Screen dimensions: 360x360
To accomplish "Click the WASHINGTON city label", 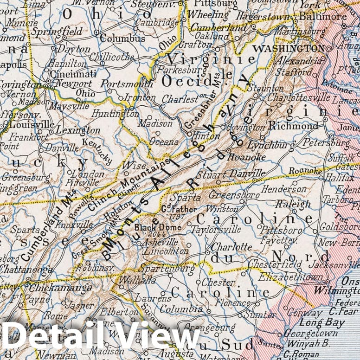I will (289, 48).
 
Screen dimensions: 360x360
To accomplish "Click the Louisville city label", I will (32, 125).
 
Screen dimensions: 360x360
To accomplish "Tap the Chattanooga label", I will (26, 269).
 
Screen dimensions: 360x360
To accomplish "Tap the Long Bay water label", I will (321, 322).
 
